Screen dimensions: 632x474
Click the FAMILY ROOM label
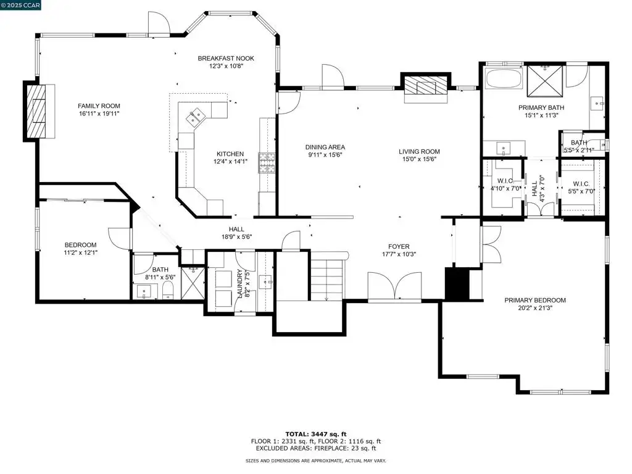pos(99,106)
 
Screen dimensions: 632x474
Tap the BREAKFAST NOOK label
pos(226,59)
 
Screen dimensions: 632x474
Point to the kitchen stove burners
pos(267,163)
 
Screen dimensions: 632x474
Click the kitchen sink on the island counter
pos(196,117)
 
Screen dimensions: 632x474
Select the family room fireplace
pos(39,111)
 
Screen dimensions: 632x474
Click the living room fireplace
pos(426,86)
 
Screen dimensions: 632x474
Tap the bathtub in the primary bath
pos(504,78)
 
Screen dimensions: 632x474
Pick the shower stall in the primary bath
pos(545,81)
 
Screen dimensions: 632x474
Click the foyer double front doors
pos(395,286)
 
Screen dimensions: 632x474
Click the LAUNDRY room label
pos(241,283)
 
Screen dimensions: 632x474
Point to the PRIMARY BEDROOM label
pos(535,301)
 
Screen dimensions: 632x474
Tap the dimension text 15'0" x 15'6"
pos(419,159)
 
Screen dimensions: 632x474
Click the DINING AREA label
pos(325,147)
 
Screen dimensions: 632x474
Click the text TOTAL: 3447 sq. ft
pos(316,434)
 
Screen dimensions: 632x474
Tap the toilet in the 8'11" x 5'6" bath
pos(168,290)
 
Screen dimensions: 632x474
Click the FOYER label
pos(399,247)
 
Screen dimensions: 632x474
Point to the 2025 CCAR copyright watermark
pos(20,5)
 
